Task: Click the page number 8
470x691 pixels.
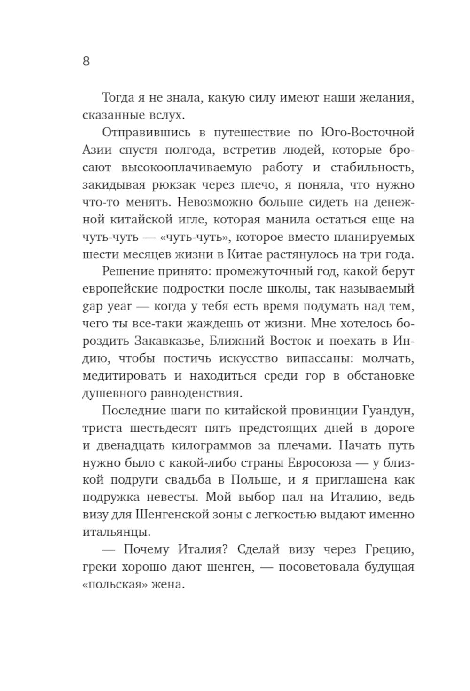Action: pos(86,62)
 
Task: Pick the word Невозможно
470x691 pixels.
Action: pos(205,202)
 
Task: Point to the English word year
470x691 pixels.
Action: pos(117,307)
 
